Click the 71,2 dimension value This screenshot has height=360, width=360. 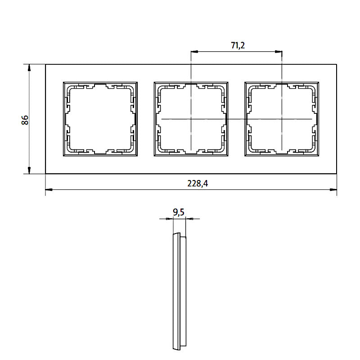click(x=237, y=45)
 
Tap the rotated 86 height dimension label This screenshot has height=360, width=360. click(x=25, y=120)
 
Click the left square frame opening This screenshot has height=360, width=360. click(x=100, y=119)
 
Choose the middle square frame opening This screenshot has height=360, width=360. click(x=191, y=119)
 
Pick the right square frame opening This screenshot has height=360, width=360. click(x=282, y=119)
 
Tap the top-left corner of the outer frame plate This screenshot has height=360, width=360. click(x=46, y=64)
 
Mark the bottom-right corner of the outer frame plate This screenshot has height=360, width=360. click(x=337, y=174)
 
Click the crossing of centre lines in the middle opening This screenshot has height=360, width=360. click(x=191, y=119)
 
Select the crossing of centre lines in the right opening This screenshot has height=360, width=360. click(x=282, y=119)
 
